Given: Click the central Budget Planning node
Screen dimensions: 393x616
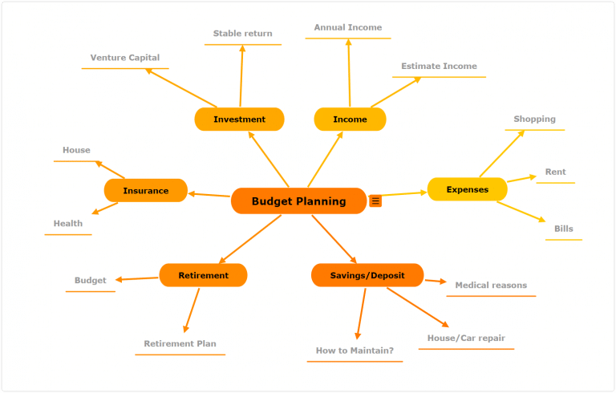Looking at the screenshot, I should [298, 201].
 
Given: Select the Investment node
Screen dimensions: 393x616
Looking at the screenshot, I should [239, 120].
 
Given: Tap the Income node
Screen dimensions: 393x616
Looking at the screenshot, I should [350, 120].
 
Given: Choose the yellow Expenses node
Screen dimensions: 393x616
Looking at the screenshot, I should [467, 190].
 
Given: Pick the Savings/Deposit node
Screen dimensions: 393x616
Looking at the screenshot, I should [367, 276].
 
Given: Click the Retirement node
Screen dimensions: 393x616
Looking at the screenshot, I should [203, 276].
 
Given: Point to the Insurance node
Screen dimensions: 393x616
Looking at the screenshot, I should [145, 191].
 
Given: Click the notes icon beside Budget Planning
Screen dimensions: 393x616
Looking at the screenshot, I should [375, 201].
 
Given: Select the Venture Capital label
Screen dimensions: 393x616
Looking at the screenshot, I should [125, 58].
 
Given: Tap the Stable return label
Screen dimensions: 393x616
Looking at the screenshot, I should [242, 34].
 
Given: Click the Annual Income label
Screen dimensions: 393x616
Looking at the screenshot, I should [348, 27].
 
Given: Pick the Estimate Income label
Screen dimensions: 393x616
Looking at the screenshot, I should [439, 67].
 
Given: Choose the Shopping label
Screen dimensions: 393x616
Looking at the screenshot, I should [534, 120].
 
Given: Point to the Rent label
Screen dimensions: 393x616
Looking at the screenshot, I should [555, 172].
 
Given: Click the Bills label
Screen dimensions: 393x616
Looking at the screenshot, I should [564, 229].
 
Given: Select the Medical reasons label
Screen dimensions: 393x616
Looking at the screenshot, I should [491, 286].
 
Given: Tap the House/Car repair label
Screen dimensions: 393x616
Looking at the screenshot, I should [466, 338].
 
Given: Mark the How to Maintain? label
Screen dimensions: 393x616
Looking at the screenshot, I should [355, 351].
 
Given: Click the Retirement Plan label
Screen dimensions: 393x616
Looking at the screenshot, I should [180, 344].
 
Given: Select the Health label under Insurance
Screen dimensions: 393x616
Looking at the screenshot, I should [68, 224].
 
